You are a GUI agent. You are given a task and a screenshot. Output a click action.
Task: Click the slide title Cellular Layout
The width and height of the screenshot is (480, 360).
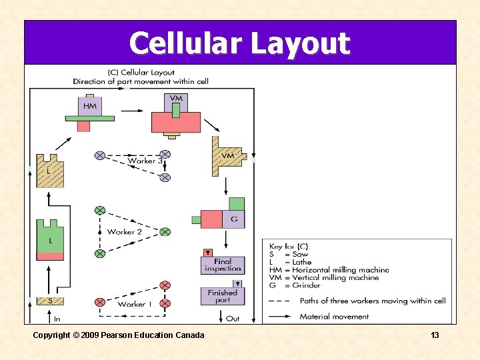239,43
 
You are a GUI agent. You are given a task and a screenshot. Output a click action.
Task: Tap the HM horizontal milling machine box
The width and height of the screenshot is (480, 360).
89,106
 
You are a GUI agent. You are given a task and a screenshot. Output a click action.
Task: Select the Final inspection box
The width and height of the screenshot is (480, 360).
223,265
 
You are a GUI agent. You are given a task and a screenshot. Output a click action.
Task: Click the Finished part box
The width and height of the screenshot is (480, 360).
223,296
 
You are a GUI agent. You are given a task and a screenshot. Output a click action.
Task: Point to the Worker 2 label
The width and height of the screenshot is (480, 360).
125,231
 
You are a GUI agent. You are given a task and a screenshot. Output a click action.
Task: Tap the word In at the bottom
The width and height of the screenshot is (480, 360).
57,319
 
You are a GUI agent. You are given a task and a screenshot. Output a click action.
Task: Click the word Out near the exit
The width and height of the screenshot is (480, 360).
233,319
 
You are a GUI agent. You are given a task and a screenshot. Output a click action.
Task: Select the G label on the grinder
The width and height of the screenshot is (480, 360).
233,219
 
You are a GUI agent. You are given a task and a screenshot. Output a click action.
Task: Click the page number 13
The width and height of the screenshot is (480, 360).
435,335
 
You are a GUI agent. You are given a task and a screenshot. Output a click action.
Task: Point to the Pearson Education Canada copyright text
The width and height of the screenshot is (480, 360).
119,335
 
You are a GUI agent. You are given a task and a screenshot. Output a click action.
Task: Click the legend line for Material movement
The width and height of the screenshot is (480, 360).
334,316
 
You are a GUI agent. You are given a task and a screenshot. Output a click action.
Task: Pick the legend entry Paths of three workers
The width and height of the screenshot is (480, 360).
372,301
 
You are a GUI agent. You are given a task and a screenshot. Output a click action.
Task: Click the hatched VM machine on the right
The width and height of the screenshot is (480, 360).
227,156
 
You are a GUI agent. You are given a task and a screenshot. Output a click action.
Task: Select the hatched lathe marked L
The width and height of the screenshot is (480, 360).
48,171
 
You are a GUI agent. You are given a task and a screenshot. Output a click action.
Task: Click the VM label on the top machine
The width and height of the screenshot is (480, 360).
176,99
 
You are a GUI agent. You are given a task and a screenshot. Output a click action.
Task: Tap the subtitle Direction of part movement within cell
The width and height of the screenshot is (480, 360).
141,81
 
